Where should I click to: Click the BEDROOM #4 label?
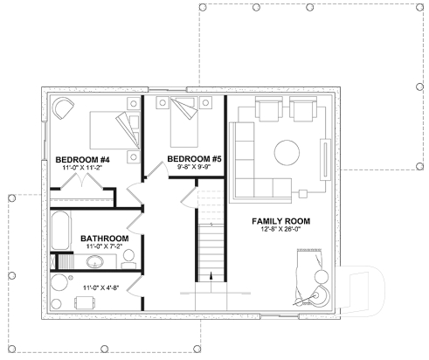coord(82,160)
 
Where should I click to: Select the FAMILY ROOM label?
coord(281,222)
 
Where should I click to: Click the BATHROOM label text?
coord(104,239)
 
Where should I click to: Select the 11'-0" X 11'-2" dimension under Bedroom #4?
coord(82,169)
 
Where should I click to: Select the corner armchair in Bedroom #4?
coord(64,109)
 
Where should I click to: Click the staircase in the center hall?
coord(209,249)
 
